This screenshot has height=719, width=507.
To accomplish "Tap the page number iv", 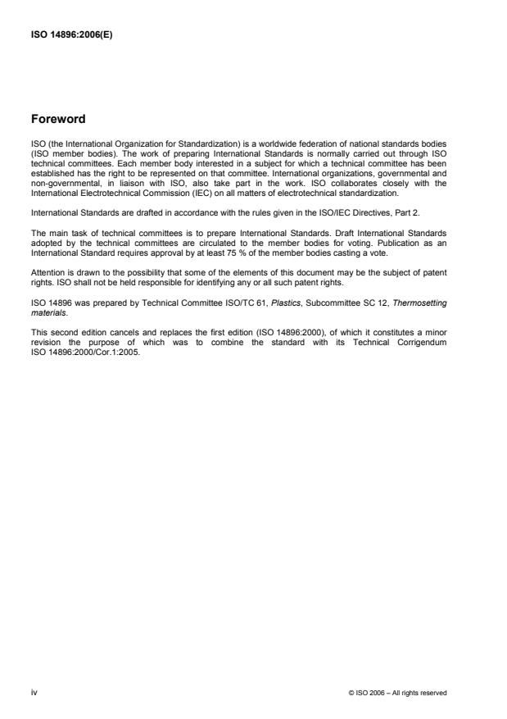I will coord(34,692).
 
